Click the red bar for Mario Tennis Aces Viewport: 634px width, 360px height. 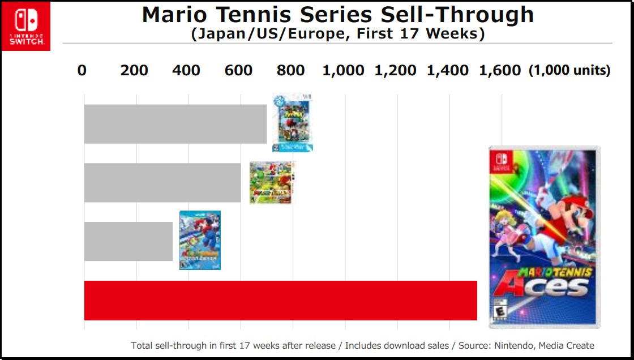coord(280,301)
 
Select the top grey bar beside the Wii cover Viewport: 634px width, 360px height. coord(175,124)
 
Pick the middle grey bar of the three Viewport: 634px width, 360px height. coord(162,182)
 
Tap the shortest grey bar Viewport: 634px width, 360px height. coord(128,241)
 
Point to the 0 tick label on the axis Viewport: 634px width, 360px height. coord(82,71)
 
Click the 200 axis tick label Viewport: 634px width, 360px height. coord(134,71)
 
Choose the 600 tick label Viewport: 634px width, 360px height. coord(238,71)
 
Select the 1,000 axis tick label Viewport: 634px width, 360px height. coord(343,71)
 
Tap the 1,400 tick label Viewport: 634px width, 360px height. coord(447,71)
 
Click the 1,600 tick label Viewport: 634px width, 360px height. coord(499,71)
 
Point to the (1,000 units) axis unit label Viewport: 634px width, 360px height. coord(569,71)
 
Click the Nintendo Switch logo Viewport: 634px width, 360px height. coord(26,26)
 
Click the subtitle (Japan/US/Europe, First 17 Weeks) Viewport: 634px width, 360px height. coord(338,34)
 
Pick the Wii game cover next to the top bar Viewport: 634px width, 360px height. coord(293,123)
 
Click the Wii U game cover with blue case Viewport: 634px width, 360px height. coord(200,240)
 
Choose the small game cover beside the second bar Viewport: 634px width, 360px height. coord(271,182)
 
